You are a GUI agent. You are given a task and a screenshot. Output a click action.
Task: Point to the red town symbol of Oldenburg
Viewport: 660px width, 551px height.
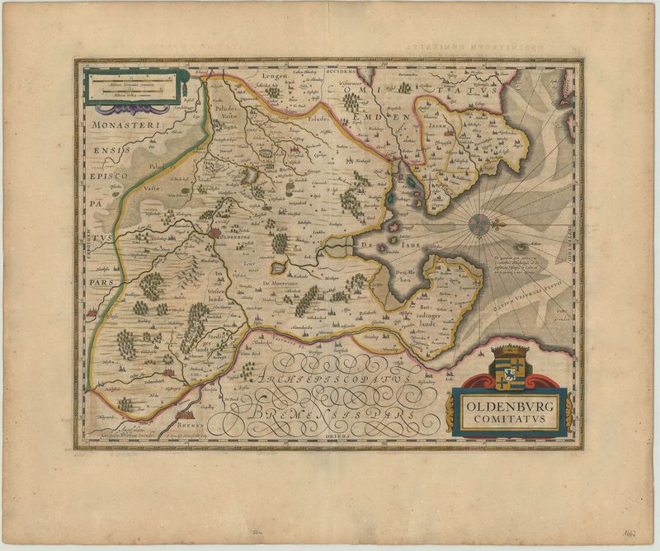[x=217, y=233]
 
